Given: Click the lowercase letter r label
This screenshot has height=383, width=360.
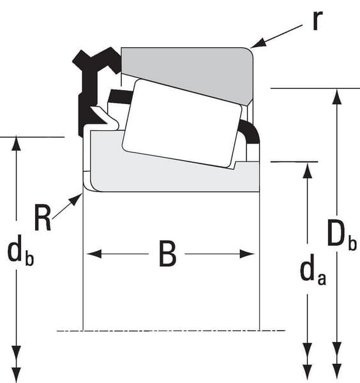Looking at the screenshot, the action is point(318,20).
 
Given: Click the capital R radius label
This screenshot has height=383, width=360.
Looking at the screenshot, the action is point(43,218).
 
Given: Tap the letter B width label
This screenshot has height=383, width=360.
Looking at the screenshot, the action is point(167,253).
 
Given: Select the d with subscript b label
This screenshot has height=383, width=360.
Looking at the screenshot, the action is point(20,251).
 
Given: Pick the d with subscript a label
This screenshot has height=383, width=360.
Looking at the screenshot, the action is point(313,270).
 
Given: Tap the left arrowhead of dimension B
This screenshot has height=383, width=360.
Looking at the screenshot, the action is point(94,254).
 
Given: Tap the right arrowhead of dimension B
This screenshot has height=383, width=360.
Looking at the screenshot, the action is point(247,254).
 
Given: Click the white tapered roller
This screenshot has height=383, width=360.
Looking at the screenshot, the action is point(182,123).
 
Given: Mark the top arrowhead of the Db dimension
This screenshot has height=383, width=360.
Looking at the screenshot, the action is point(337,97).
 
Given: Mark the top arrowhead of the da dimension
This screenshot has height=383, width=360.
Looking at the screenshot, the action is point(307,170).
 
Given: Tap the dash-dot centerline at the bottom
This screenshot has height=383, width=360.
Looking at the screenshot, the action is point(171,331).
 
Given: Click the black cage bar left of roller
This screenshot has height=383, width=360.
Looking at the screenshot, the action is point(120,96).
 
